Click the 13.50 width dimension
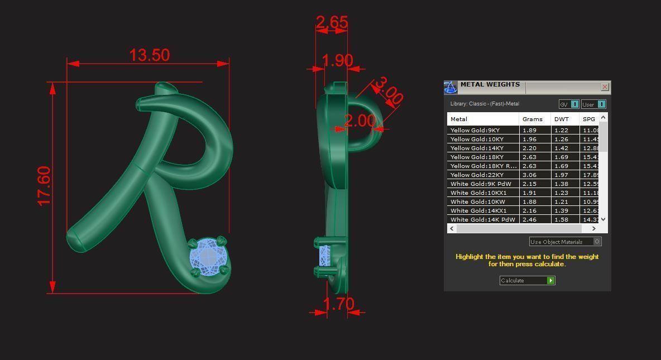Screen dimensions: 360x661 [x=149, y=55]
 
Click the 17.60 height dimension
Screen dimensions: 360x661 [x=44, y=186]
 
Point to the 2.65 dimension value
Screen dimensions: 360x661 [x=332, y=22]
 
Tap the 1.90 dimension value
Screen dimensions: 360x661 [x=337, y=60]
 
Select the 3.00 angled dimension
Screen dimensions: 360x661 [x=389, y=91]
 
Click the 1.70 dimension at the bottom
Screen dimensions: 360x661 [x=338, y=304]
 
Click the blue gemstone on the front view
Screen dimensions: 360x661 [x=208, y=256]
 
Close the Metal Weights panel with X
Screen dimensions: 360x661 [x=605, y=87]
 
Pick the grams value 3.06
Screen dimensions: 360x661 [x=529, y=175]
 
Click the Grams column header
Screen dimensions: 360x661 [x=532, y=119]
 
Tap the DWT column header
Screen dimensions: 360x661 [x=561, y=119]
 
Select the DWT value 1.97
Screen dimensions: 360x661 [x=561, y=175]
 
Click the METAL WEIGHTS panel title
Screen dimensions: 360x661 [x=490, y=85]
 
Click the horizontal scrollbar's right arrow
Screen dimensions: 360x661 [x=593, y=228]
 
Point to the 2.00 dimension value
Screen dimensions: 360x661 [x=360, y=121]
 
